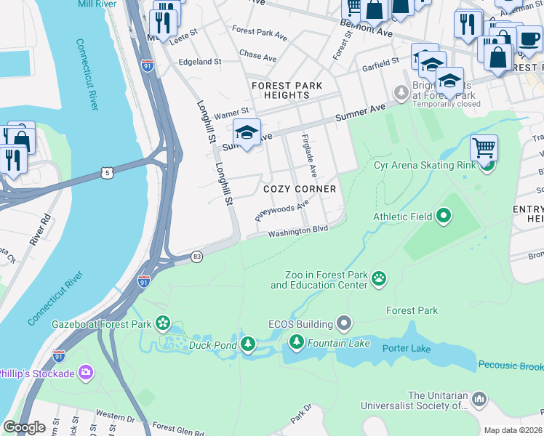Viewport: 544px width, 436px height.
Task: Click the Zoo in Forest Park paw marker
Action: coord(379,278)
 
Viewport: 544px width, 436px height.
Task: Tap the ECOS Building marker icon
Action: coord(345,323)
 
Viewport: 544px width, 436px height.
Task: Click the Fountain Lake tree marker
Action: coord(296,342)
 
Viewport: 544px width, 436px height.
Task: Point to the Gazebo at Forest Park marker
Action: coord(162,322)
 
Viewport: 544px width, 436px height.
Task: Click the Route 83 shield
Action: coord(196,257)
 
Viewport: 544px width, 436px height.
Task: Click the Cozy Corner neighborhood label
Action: coord(300,189)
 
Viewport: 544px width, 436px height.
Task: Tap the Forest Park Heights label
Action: coord(287,90)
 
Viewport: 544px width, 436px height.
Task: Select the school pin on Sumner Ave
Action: coord(247,133)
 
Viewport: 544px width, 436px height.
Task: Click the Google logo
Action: coord(24,427)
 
